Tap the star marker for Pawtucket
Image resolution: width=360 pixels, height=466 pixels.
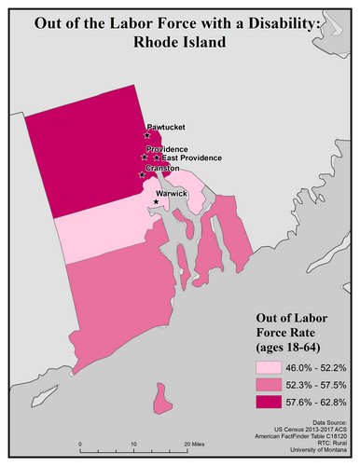click(147, 136)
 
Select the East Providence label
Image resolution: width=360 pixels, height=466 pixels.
click(187, 158)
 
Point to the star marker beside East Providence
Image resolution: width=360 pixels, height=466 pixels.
click(156, 158)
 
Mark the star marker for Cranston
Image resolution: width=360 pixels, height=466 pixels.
click(142, 174)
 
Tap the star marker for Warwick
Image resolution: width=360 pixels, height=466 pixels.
click(156, 202)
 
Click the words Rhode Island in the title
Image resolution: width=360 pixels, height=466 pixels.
click(180, 43)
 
